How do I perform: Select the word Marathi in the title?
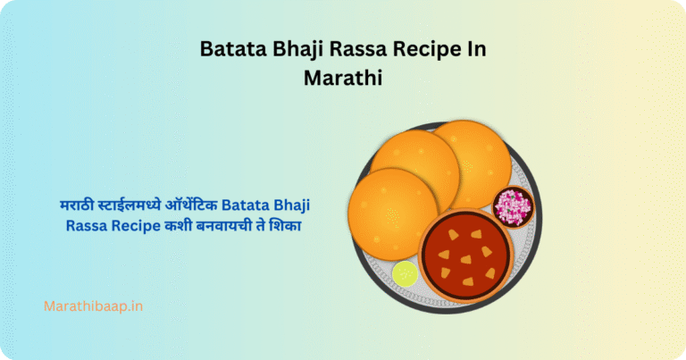pos(343,77)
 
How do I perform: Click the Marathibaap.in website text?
pos(94,306)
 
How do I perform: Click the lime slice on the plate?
pos(405,273)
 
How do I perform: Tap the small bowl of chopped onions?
pos(513,207)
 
